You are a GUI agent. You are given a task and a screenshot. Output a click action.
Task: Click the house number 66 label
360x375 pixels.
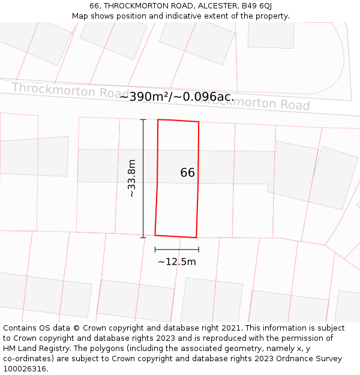188,173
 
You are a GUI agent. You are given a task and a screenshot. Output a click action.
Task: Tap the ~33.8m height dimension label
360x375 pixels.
131,178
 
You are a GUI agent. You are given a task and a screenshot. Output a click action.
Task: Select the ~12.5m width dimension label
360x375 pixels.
177,262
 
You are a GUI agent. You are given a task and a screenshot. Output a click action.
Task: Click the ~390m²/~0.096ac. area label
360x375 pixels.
177,97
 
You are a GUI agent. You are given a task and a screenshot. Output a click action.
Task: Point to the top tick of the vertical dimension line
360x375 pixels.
143,120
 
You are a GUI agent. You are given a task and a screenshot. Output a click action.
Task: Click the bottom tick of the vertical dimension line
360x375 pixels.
143,238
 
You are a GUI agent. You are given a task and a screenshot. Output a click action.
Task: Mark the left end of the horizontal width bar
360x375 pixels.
155,250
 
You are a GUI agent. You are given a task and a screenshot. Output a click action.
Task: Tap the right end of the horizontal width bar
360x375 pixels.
199,250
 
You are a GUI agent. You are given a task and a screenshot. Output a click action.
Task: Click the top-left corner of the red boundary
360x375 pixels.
158,120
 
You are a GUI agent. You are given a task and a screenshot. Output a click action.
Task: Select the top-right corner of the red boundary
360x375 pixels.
199,122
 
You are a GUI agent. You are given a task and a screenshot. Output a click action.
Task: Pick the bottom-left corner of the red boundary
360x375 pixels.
155,235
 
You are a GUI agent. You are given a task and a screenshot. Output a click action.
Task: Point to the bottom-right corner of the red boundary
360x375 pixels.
196,238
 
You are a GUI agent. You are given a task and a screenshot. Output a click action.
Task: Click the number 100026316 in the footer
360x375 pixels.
23,369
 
